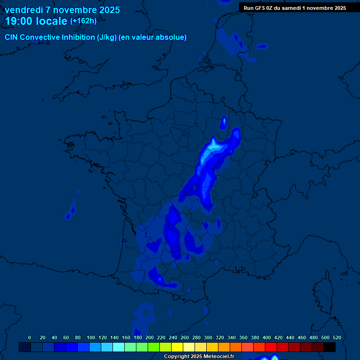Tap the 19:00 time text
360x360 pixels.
click(19, 22)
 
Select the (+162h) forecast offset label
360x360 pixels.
click(83, 21)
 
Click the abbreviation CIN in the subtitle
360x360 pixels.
click(12, 37)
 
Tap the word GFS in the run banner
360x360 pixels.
click(260, 8)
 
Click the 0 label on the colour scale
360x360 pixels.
click(30, 337)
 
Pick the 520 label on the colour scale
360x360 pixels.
click(337, 337)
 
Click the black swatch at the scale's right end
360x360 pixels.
click(330, 347)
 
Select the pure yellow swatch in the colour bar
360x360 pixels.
click(177, 347)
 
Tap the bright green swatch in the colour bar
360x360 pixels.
click(154, 347)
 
